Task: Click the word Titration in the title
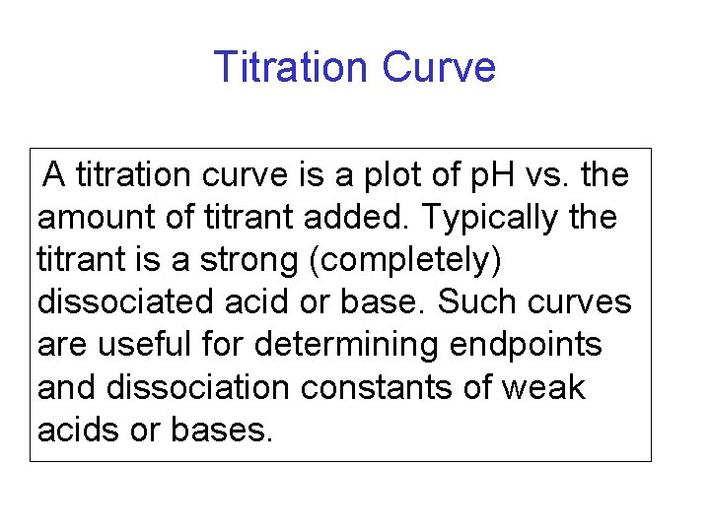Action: pyautogui.click(x=291, y=67)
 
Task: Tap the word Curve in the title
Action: pyautogui.click(x=438, y=67)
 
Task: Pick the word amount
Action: pyautogui.click(x=89, y=218)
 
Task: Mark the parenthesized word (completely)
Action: pyautogui.click(x=394, y=260)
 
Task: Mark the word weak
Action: pyautogui.click(x=542, y=387)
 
